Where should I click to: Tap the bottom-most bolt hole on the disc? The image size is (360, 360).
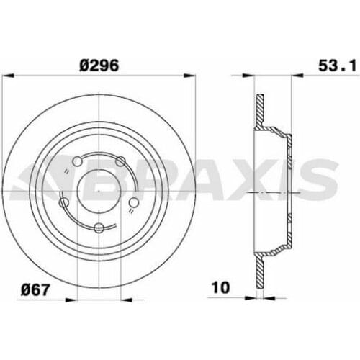point(99,229)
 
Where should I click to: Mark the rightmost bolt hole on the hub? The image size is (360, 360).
point(132,204)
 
